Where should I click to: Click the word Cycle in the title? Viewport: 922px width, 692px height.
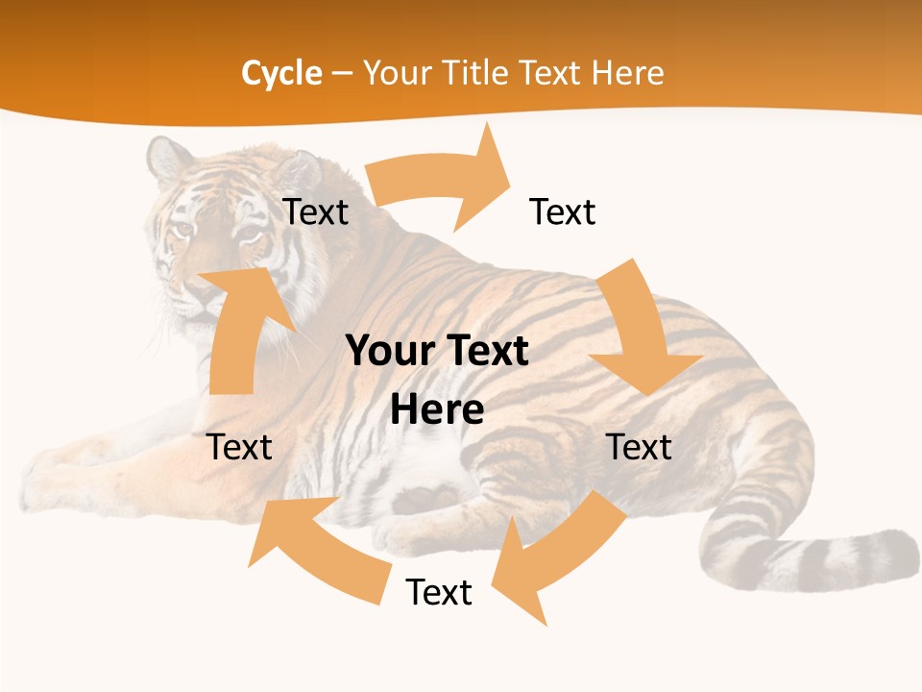pyautogui.click(x=281, y=73)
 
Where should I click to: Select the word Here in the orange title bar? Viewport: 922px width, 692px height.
pyautogui.click(x=627, y=73)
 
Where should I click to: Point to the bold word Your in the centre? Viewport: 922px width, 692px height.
pyautogui.click(x=383, y=352)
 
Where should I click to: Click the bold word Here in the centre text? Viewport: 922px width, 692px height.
pyautogui.click(x=437, y=409)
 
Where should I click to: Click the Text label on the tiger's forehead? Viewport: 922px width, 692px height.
pyautogui.click(x=315, y=211)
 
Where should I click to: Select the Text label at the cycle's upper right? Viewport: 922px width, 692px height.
pyautogui.click(x=563, y=211)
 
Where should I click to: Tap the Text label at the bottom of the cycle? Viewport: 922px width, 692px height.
pyautogui.click(x=439, y=592)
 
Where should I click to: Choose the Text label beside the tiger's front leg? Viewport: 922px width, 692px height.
pyautogui.click(x=240, y=447)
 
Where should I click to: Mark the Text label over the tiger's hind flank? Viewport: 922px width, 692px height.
pyautogui.click(x=640, y=447)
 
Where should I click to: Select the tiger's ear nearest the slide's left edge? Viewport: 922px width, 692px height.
pyautogui.click(x=168, y=159)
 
